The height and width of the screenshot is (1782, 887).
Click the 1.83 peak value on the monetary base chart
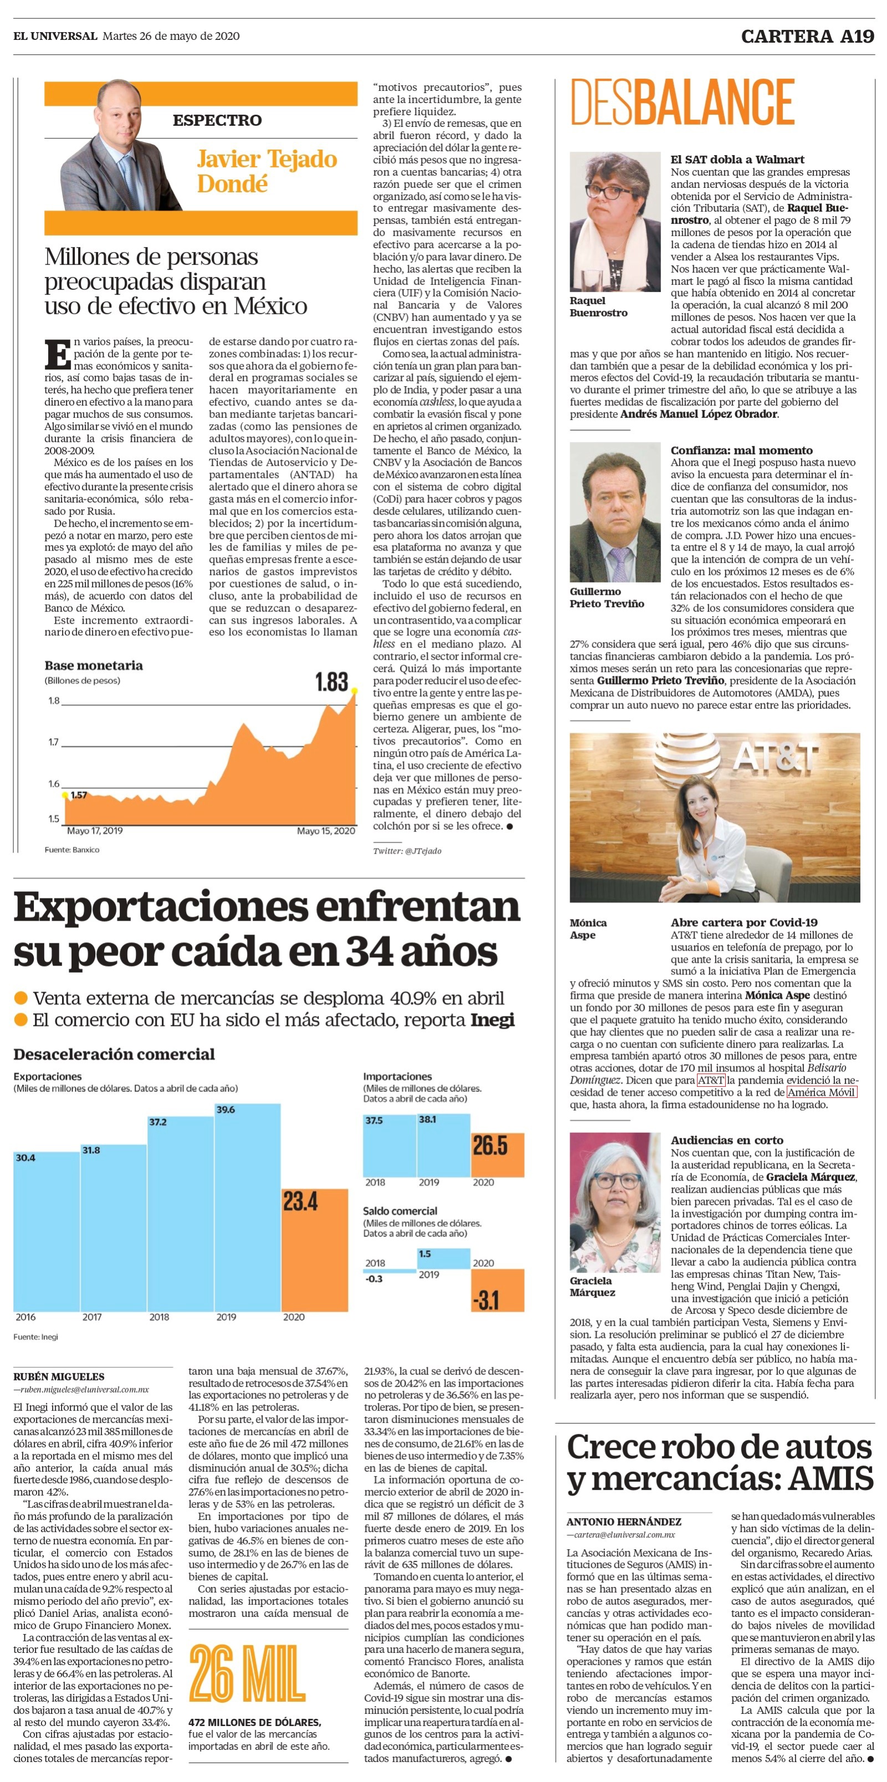331,681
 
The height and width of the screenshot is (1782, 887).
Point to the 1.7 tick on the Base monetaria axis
53,742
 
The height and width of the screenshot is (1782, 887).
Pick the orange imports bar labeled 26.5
498,1154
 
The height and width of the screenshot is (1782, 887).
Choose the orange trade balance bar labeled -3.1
498,1290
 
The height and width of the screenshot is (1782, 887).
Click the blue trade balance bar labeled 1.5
443,1259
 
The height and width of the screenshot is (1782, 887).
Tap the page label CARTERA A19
807,37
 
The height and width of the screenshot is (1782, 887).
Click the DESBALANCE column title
682,102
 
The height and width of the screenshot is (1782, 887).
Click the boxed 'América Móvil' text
822,1092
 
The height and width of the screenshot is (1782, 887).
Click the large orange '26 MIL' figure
247,1673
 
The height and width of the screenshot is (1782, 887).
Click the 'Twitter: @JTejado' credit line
407,851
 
